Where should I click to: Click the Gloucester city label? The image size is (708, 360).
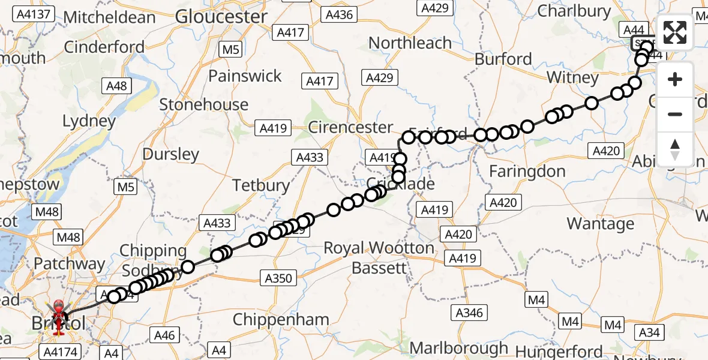click(221, 16)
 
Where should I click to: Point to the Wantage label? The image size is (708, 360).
click(600, 224)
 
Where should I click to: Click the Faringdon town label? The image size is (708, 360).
click(527, 172)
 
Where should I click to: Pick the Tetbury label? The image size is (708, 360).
click(261, 185)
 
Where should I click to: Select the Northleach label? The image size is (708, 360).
click(410, 43)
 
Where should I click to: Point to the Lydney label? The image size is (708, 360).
click(89, 121)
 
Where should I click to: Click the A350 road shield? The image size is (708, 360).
click(278, 278)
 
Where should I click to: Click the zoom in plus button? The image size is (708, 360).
click(675, 79)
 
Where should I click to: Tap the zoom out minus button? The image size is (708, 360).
click(675, 114)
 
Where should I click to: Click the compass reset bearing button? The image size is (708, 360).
click(675, 149)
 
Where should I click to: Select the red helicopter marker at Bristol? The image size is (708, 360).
click(59, 313)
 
